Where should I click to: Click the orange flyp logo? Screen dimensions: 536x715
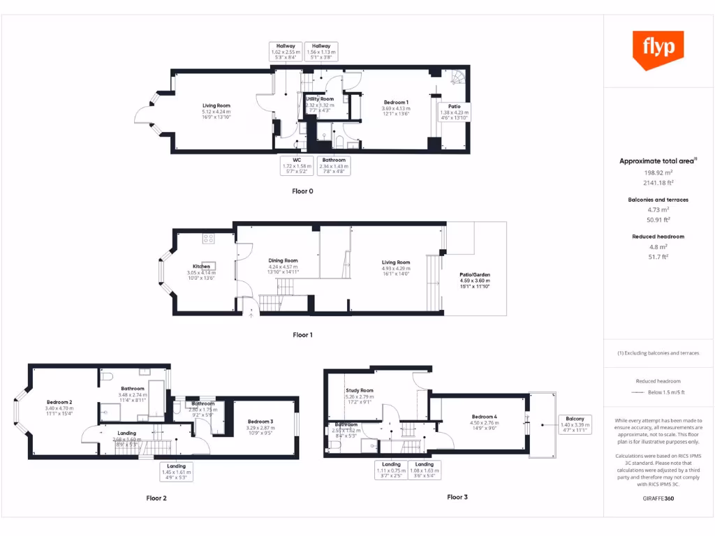(658, 49)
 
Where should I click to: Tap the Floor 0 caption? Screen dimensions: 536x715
(302, 191)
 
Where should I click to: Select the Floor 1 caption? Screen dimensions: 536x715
(302, 335)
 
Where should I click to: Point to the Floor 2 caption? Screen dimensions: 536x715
(156, 498)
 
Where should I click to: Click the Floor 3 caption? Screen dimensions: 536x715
(457, 497)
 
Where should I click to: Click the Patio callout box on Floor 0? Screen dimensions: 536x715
(455, 112)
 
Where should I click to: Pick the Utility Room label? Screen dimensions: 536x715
(320, 99)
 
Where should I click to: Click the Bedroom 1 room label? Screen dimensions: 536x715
(395, 103)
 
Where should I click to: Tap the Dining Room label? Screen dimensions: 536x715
(283, 260)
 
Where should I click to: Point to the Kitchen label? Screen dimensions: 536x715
(201, 267)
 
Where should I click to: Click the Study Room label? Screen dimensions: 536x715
(360, 391)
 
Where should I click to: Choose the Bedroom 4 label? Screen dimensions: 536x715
(485, 417)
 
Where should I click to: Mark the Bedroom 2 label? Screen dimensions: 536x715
(59, 403)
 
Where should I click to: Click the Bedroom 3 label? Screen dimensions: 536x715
(260, 422)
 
